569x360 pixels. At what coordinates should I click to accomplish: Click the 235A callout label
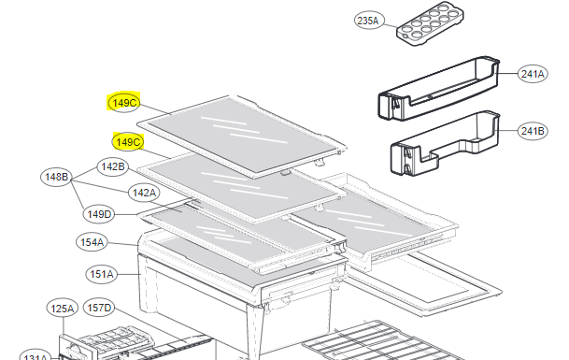(x=368, y=21)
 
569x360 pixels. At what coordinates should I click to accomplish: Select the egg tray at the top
(x=430, y=24)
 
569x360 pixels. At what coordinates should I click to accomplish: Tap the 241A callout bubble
(x=533, y=74)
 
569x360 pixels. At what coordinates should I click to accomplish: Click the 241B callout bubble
(x=533, y=131)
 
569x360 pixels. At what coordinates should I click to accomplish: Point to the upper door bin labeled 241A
(x=439, y=88)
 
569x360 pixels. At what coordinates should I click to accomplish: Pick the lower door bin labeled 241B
(x=446, y=142)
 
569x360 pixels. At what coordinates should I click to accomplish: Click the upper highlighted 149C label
(x=124, y=103)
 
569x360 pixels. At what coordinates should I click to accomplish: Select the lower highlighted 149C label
(x=128, y=142)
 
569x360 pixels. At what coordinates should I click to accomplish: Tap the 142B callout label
(x=112, y=166)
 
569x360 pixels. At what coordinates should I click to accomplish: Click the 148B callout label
(x=56, y=177)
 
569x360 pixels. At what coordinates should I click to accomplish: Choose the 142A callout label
(x=144, y=193)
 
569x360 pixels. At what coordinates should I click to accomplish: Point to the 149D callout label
(x=99, y=214)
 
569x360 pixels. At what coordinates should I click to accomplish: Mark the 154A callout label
(x=92, y=242)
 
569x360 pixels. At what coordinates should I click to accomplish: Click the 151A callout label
(x=101, y=274)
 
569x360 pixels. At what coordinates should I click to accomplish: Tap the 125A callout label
(x=62, y=309)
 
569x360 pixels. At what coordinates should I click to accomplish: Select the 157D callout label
(x=99, y=308)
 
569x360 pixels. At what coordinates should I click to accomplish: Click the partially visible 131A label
(x=35, y=355)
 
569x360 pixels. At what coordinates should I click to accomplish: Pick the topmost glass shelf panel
(x=242, y=137)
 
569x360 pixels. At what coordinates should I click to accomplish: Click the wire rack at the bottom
(x=385, y=340)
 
